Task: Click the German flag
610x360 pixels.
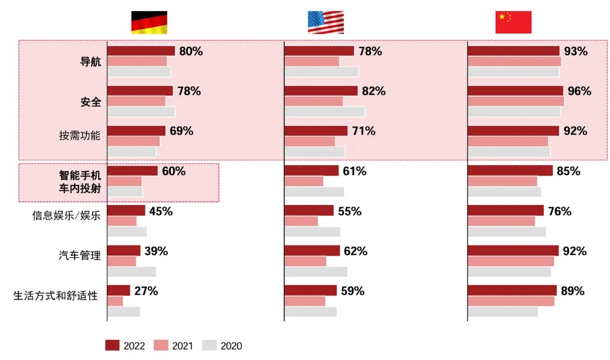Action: pos(149,22)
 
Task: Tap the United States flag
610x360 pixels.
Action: pos(326,22)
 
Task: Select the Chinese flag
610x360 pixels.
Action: pos(513,22)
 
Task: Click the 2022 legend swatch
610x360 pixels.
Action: pos(112,345)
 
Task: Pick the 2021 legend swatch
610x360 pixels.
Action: pos(161,345)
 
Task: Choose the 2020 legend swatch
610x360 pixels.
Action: pos(210,345)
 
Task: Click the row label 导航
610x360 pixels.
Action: pos(90,62)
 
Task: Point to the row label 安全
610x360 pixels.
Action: pos(90,102)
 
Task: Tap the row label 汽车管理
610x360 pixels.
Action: pos(80,255)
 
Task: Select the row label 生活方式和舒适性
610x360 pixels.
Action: pos(55,295)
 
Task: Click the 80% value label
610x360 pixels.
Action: pos(191,52)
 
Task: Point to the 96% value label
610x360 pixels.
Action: pos(579,92)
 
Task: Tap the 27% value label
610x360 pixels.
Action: pos(146,291)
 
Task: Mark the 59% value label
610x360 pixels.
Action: pos(353,291)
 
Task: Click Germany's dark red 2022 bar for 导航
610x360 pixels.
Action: pos(141,51)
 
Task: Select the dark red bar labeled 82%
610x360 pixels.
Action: pos(321,91)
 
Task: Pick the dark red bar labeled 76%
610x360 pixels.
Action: pos(505,211)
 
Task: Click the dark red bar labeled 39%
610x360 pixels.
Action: pos(124,251)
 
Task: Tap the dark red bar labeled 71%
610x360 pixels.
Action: pos(316,131)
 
